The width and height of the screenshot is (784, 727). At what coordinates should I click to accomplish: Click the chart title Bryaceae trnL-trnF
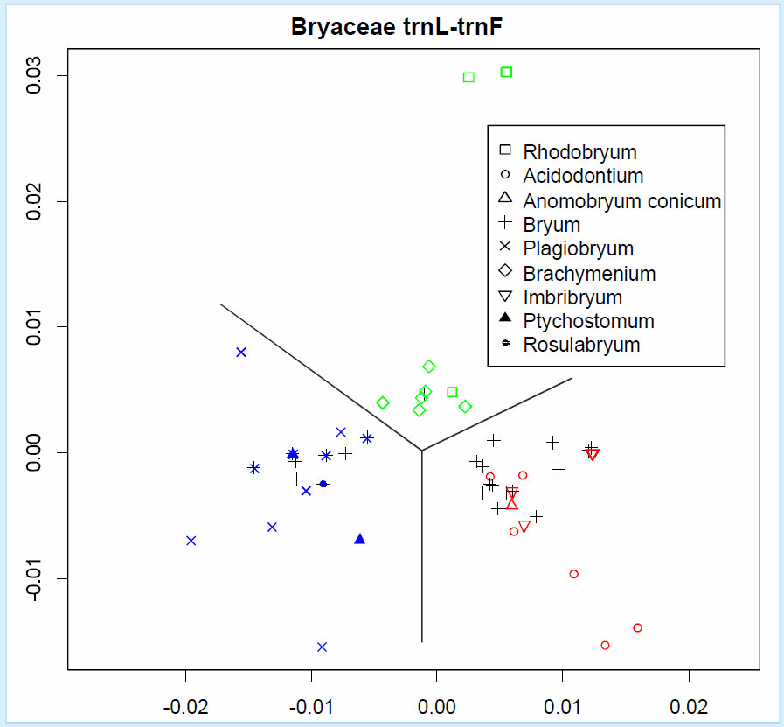click(399, 29)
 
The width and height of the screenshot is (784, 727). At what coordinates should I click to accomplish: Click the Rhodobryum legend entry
click(579, 153)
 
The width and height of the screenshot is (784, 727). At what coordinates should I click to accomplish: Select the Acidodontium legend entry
click(583, 177)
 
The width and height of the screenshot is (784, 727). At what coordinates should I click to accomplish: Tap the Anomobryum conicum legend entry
click(621, 201)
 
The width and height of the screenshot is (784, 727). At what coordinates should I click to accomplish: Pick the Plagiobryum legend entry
click(578, 249)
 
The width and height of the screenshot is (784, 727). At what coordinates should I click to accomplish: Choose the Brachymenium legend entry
click(588, 274)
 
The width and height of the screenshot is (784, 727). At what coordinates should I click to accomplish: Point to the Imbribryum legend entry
click(572, 297)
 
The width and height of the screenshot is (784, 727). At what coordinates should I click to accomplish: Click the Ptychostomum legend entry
click(588, 321)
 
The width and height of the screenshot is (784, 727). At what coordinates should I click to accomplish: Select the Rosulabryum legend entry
click(581, 345)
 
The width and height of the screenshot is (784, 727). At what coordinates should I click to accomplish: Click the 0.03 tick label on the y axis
click(36, 75)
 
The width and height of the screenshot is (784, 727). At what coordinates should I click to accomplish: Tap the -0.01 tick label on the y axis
click(36, 577)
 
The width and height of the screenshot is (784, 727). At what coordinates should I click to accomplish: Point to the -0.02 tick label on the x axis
click(185, 704)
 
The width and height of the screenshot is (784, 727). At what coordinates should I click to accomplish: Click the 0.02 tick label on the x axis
click(689, 704)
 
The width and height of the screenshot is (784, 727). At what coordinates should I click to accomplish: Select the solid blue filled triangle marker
click(359, 538)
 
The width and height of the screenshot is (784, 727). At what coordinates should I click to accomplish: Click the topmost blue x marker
click(241, 352)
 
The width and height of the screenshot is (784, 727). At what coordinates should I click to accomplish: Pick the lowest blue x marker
click(322, 647)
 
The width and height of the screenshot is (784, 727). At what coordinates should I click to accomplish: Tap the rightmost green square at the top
click(506, 72)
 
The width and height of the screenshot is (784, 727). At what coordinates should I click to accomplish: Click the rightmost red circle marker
click(637, 627)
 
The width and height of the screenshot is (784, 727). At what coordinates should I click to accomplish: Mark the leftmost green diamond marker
click(383, 402)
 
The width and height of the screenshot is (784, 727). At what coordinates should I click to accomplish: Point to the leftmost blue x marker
click(191, 541)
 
